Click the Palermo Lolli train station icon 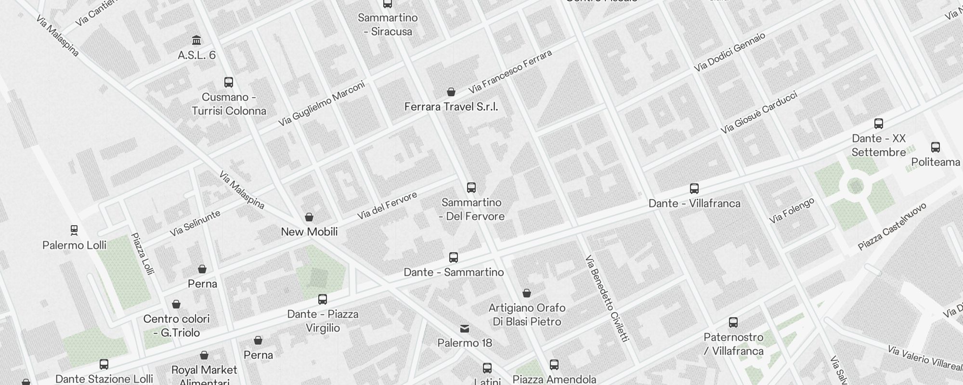[74, 230]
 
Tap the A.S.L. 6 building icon [196, 40]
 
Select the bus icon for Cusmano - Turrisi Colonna [229, 82]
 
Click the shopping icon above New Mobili [309, 217]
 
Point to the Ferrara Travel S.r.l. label [451, 107]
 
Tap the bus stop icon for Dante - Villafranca [694, 188]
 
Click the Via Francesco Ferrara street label [510, 72]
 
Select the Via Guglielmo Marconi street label [321, 104]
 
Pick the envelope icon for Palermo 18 [465, 329]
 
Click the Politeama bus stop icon [936, 147]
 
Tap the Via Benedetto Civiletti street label [607, 298]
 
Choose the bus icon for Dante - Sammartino [454, 257]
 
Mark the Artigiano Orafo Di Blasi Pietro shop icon [527, 293]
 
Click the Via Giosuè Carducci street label [759, 113]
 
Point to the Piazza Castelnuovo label [892, 227]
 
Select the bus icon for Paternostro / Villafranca [733, 322]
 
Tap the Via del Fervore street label [387, 206]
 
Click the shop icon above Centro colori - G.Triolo [176, 304]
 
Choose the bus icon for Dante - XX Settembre [879, 123]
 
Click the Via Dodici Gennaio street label [729, 52]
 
